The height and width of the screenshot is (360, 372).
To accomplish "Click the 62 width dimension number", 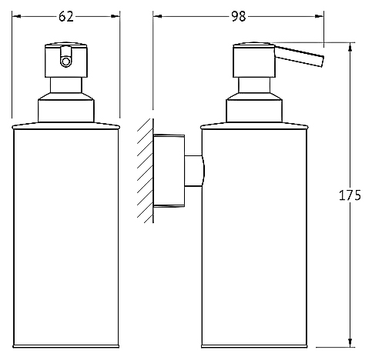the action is click(x=66, y=17).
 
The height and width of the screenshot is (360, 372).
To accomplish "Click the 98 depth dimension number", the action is click(x=239, y=17).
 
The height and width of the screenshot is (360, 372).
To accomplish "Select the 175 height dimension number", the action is click(x=350, y=195).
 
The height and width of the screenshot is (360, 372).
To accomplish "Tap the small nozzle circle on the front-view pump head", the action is click(x=66, y=62).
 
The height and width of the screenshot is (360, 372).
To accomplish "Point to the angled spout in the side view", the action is click(x=299, y=56).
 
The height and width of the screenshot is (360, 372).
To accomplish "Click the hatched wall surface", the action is click(x=146, y=171).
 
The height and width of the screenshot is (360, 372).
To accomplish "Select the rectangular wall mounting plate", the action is click(x=169, y=171).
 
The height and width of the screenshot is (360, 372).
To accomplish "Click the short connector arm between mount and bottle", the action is click(x=195, y=171).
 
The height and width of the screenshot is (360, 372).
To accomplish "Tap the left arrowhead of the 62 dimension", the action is click(x=16, y=17).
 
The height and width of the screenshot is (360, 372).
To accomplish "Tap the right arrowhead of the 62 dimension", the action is click(x=116, y=17).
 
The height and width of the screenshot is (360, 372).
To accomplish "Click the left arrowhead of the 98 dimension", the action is click(x=158, y=17).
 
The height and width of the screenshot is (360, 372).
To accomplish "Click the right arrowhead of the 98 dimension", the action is click(x=319, y=17).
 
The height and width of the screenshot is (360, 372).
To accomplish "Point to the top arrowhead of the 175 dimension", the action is click(x=350, y=48).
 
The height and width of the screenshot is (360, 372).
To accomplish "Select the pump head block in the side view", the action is click(x=254, y=60).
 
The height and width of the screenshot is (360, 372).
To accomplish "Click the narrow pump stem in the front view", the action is click(x=66, y=85).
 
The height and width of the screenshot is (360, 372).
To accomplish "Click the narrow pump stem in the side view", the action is click(x=254, y=85).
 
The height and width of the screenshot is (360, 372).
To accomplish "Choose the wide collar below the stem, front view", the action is click(x=66, y=108).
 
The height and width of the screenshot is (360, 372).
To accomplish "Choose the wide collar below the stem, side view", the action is click(x=254, y=108).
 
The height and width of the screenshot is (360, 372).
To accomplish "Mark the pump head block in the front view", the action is click(x=66, y=60).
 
